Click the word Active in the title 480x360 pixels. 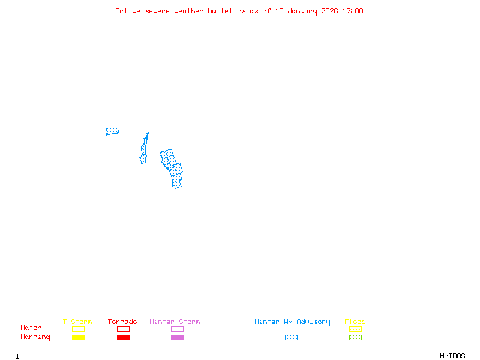[128, 11]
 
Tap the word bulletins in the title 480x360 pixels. [227, 11]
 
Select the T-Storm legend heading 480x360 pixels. [77, 322]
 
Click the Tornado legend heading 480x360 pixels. [122, 322]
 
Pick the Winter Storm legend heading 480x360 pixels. [175, 322]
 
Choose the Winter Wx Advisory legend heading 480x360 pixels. [292, 322]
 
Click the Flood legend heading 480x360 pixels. [355, 322]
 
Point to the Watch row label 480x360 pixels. [31, 328]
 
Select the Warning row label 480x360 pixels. [35, 337]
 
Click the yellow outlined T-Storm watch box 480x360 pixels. [78, 329]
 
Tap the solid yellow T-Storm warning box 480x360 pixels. [78, 338]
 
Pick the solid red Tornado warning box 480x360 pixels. [123, 338]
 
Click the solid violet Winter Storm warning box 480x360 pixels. [177, 338]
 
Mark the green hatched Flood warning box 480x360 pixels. [355, 338]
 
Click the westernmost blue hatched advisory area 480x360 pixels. [112, 131]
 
